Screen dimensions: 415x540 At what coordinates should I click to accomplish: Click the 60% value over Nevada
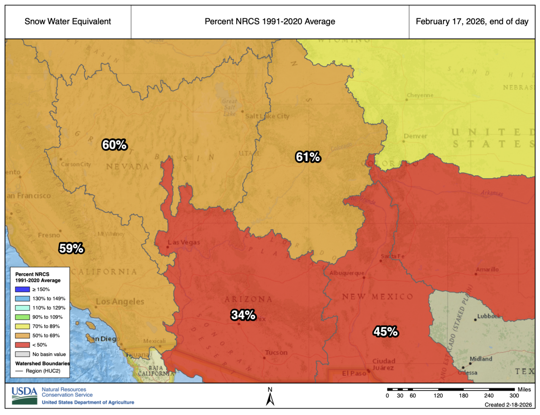point(114,145)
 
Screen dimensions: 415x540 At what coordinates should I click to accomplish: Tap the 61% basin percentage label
point(308,157)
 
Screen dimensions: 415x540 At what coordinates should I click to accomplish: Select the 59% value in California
point(71,248)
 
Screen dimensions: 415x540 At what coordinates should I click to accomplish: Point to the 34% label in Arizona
point(243,315)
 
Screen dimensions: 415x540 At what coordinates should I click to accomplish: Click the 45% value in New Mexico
point(385,332)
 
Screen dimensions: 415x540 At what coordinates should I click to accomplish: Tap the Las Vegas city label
point(184,242)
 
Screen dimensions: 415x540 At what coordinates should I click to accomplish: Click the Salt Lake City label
point(267,116)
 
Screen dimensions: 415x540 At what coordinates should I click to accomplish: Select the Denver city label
point(415,136)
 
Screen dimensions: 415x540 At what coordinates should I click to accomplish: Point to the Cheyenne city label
point(420,95)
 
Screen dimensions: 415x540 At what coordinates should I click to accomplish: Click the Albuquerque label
point(346,273)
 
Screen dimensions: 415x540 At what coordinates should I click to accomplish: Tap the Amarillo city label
point(487,270)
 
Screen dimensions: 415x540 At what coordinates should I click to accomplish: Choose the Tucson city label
point(276,353)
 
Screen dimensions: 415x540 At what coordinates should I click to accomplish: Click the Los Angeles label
point(120,302)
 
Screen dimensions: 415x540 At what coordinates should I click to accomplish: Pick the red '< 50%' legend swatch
point(22,345)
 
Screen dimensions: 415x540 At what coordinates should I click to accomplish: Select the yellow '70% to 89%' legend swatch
point(22,326)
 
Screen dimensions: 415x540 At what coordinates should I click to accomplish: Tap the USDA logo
point(24,396)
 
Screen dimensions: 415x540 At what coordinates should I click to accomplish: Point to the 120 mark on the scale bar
point(438,395)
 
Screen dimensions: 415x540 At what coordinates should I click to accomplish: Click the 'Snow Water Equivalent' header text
point(68,21)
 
